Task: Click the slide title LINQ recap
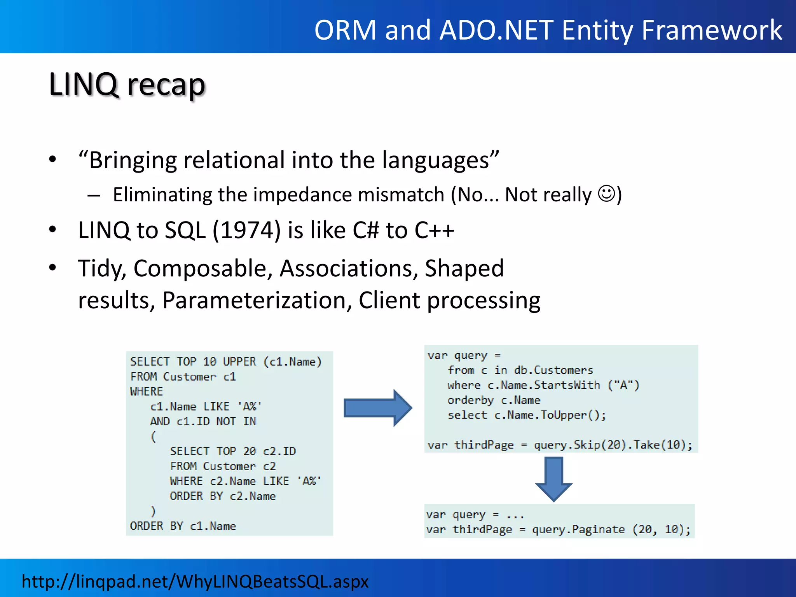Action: click(127, 84)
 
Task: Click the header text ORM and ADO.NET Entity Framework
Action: click(548, 30)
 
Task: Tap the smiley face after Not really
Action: click(607, 193)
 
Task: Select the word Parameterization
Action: click(257, 300)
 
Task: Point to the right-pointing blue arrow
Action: click(377, 408)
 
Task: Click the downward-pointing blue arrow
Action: click(553, 479)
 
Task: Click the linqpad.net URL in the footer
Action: click(195, 581)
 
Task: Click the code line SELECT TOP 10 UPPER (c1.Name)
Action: click(226, 362)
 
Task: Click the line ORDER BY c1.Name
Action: click(183, 526)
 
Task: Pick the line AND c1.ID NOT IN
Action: click(203, 421)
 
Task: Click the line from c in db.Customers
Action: click(520, 370)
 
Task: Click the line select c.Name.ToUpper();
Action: click(527, 415)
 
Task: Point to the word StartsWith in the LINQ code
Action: click(567, 385)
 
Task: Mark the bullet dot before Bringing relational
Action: click(53, 160)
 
